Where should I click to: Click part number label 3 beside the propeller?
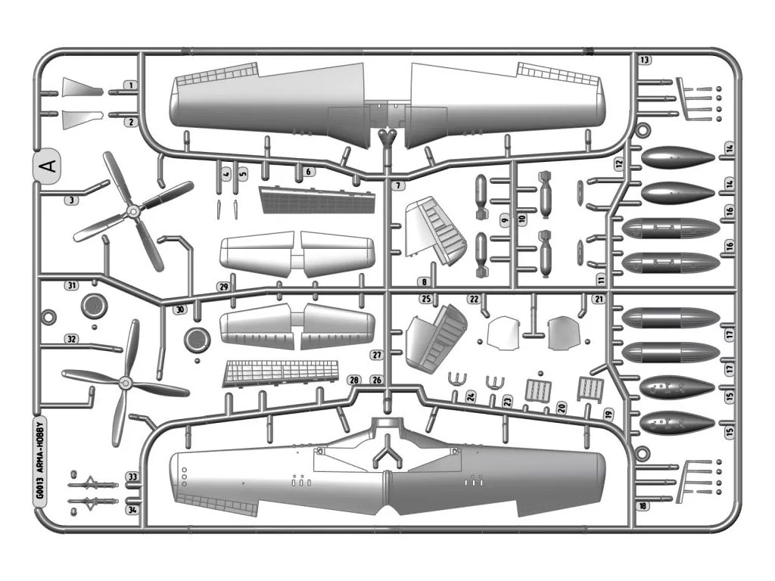(71, 200)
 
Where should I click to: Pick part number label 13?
(644, 60)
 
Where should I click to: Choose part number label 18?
(643, 506)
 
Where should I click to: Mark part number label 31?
(72, 286)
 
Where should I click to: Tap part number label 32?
(71, 338)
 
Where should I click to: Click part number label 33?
(132, 477)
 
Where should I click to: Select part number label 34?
(132, 509)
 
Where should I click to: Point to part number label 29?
(223, 287)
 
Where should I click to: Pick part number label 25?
(426, 299)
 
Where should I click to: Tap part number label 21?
(598, 300)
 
